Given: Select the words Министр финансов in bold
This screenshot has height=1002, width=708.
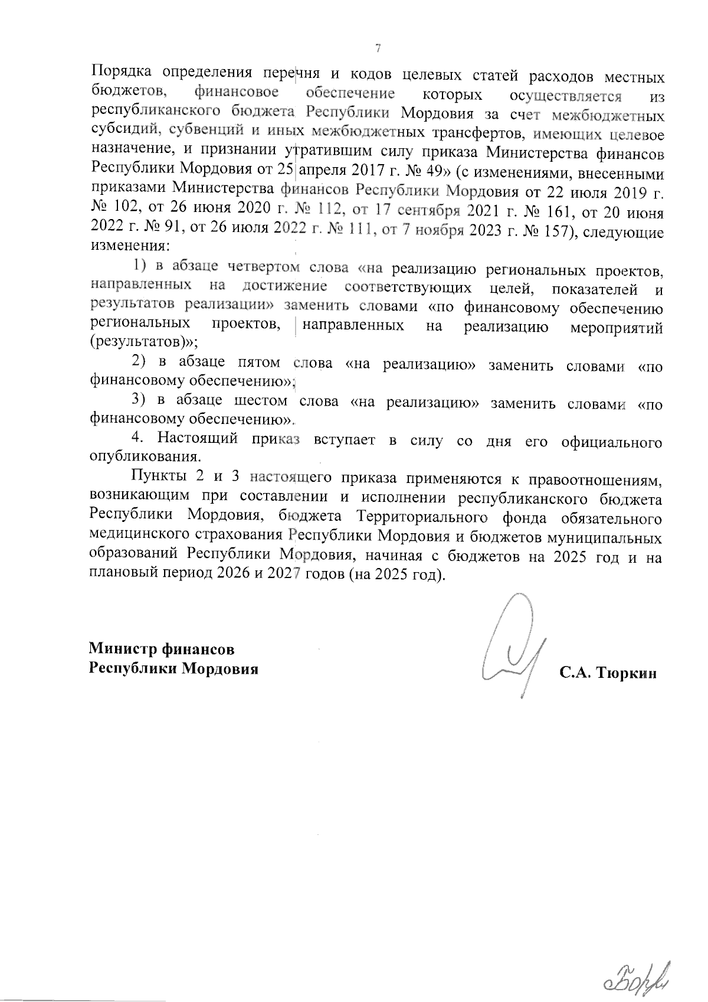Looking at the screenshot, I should click(x=162, y=649).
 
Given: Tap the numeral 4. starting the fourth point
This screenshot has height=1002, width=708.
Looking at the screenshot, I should click(x=137, y=440).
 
